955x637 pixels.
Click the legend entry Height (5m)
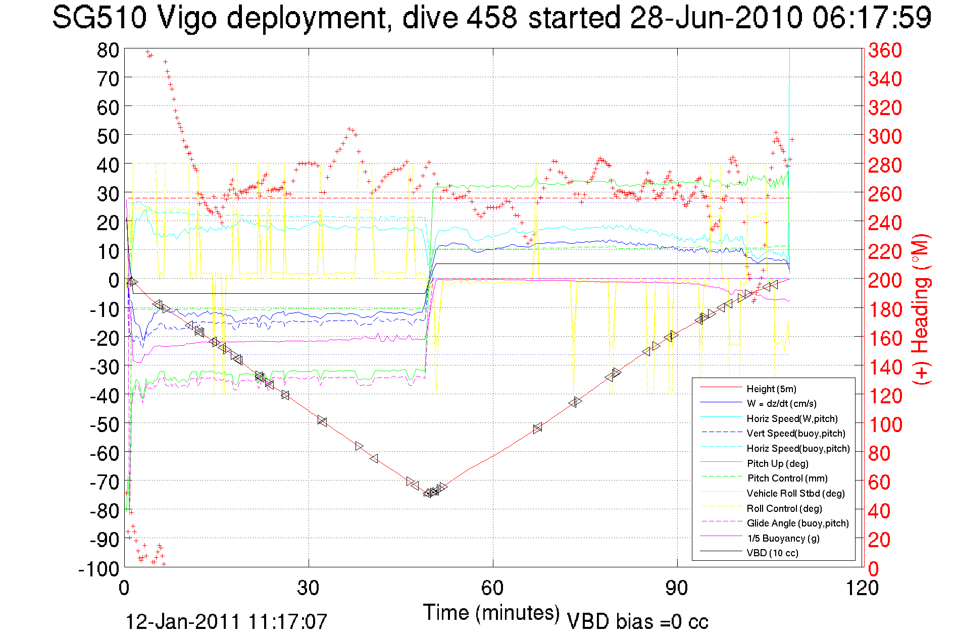771,389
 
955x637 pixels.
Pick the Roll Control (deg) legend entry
784,508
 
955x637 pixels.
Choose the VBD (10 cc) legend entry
772,553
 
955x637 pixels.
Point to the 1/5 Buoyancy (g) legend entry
783,538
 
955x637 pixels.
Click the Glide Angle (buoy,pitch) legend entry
797,523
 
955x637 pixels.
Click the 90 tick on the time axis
676,588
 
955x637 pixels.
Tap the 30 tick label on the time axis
308,588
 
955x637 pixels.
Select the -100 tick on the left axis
98,569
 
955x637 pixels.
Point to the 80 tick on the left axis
108,50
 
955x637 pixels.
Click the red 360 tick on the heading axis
885,50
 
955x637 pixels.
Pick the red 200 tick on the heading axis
885,280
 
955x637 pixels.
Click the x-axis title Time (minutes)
491,613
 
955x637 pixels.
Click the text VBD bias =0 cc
637,622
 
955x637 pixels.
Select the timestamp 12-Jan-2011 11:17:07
226,622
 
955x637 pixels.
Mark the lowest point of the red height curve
429,493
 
